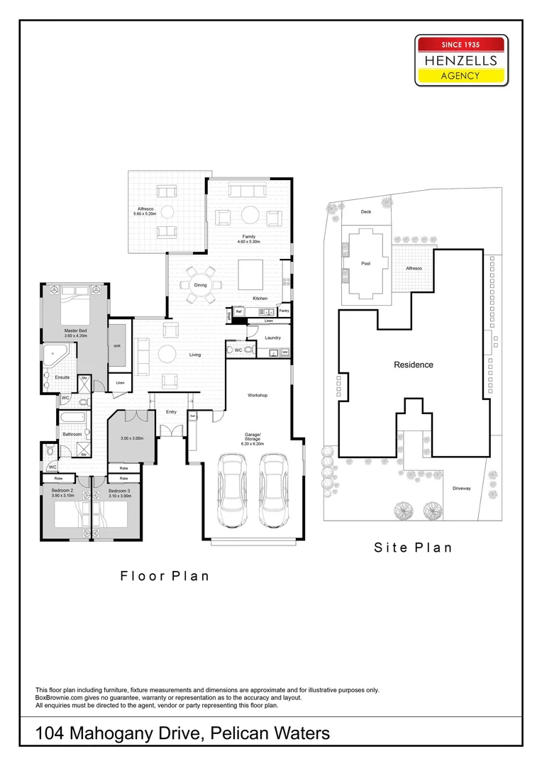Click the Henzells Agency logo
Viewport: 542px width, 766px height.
click(461, 61)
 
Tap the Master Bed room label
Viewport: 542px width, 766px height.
click(75, 331)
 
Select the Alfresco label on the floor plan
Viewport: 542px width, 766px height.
click(146, 208)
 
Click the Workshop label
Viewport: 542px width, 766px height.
click(257, 394)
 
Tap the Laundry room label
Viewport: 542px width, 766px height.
click(272, 338)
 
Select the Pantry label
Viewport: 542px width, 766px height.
click(284, 311)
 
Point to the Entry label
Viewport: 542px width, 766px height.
click(171, 411)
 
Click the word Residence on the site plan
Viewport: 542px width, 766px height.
click(414, 365)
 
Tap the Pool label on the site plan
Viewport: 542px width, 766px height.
click(366, 263)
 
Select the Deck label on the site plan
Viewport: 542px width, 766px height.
click(366, 211)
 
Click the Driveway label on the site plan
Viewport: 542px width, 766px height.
click(462, 489)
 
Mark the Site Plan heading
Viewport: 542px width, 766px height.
click(413, 547)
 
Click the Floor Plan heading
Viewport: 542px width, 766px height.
click(165, 575)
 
